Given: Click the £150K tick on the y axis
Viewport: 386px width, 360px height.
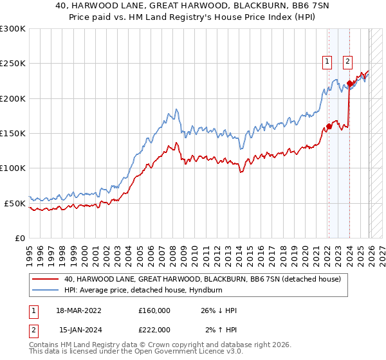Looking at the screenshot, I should click(x=13, y=133).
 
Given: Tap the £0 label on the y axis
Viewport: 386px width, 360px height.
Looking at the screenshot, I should click(x=19, y=238).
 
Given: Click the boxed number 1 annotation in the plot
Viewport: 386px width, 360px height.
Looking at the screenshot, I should click(x=327, y=62).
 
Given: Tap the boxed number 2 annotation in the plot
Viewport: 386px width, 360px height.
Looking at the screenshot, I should click(x=347, y=62).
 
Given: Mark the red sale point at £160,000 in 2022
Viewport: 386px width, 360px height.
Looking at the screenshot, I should click(x=328, y=126).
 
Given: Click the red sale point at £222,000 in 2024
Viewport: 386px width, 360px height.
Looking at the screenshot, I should click(x=349, y=83).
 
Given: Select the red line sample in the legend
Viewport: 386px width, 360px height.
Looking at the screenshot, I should click(x=46, y=279).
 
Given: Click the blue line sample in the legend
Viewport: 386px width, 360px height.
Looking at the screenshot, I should click(x=46, y=290).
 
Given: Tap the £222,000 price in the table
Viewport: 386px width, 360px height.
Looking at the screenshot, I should click(x=154, y=330).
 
